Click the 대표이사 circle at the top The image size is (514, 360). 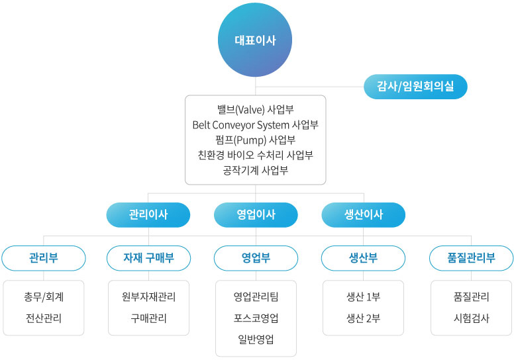[x=255, y=40]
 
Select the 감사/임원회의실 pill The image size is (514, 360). [x=415, y=87]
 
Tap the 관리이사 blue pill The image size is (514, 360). [x=148, y=215]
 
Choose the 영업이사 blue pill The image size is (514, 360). [x=256, y=215]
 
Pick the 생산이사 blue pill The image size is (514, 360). [x=363, y=215]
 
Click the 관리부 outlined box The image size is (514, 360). [x=44, y=258]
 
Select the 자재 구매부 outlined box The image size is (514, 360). [x=148, y=258]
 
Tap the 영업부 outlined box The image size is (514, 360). [x=256, y=258]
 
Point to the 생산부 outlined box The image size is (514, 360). [x=363, y=258]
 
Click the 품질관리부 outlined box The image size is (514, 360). [x=471, y=258]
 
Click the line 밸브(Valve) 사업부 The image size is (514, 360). [x=256, y=109]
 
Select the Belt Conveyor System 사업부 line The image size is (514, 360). [x=256, y=125]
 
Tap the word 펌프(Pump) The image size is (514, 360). [x=240, y=140]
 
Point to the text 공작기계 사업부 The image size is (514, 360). [x=256, y=170]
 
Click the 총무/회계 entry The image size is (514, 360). [x=44, y=296]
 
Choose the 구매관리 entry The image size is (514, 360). [x=148, y=318]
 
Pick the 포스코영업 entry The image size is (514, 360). [x=256, y=318]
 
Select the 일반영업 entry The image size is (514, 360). [x=256, y=339]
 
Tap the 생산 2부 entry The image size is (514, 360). [x=363, y=318]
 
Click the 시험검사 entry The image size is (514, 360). [x=471, y=318]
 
